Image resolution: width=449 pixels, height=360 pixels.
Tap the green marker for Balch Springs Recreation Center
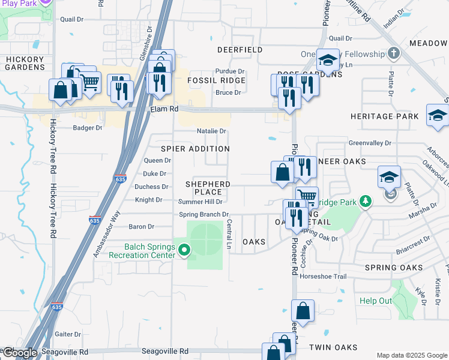click(185, 250)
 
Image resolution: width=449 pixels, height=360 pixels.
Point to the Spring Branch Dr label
click(204, 214)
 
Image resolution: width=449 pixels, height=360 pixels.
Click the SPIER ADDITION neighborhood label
click(195, 149)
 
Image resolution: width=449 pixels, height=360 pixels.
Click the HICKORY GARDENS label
click(25, 64)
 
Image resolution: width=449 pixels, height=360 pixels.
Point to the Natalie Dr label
click(211, 131)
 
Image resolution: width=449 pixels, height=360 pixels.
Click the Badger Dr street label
click(88, 128)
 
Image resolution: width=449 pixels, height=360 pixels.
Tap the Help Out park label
click(376, 301)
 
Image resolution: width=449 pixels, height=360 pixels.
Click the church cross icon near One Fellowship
click(394, 53)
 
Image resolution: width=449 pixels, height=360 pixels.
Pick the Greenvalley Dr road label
click(370, 143)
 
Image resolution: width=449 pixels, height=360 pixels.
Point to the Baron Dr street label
click(142, 227)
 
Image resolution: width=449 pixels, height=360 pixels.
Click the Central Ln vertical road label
click(229, 234)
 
